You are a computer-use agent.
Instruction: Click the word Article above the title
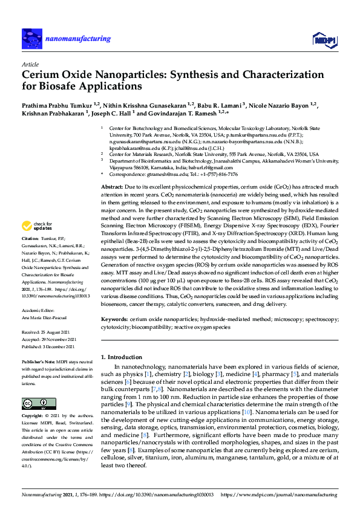30,63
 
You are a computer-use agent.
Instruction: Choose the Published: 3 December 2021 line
48,347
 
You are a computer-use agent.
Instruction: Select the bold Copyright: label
34,417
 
